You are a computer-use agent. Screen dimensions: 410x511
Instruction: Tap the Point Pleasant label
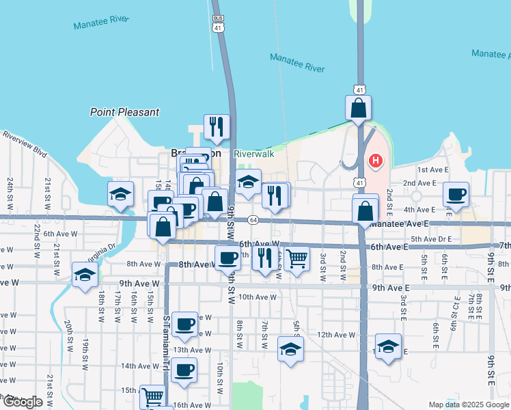click(x=124, y=112)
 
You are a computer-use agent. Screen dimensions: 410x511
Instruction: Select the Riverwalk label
click(x=254, y=154)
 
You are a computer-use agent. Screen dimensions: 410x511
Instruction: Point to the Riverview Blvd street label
click(x=24, y=142)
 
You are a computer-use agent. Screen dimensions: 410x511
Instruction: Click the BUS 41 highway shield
click(x=218, y=24)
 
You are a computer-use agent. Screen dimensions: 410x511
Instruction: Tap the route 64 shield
click(x=253, y=220)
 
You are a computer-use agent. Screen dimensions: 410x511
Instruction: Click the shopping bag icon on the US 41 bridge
click(x=359, y=108)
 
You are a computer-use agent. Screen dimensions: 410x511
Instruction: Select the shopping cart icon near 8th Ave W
click(x=296, y=259)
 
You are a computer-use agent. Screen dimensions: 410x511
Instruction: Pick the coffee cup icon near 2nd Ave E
click(x=456, y=194)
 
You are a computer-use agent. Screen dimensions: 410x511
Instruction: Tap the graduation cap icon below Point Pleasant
click(x=120, y=194)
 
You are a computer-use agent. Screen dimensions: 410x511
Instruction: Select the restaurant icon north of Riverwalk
click(x=217, y=126)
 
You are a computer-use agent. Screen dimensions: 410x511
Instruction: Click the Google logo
click(x=23, y=402)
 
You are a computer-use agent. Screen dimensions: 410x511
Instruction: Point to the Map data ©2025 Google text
click(x=469, y=405)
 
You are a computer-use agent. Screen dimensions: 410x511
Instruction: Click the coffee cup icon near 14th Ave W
click(x=183, y=370)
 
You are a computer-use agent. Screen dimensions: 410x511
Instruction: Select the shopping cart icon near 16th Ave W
click(x=152, y=396)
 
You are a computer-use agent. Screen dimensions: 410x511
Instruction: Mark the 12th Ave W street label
click(x=337, y=335)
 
